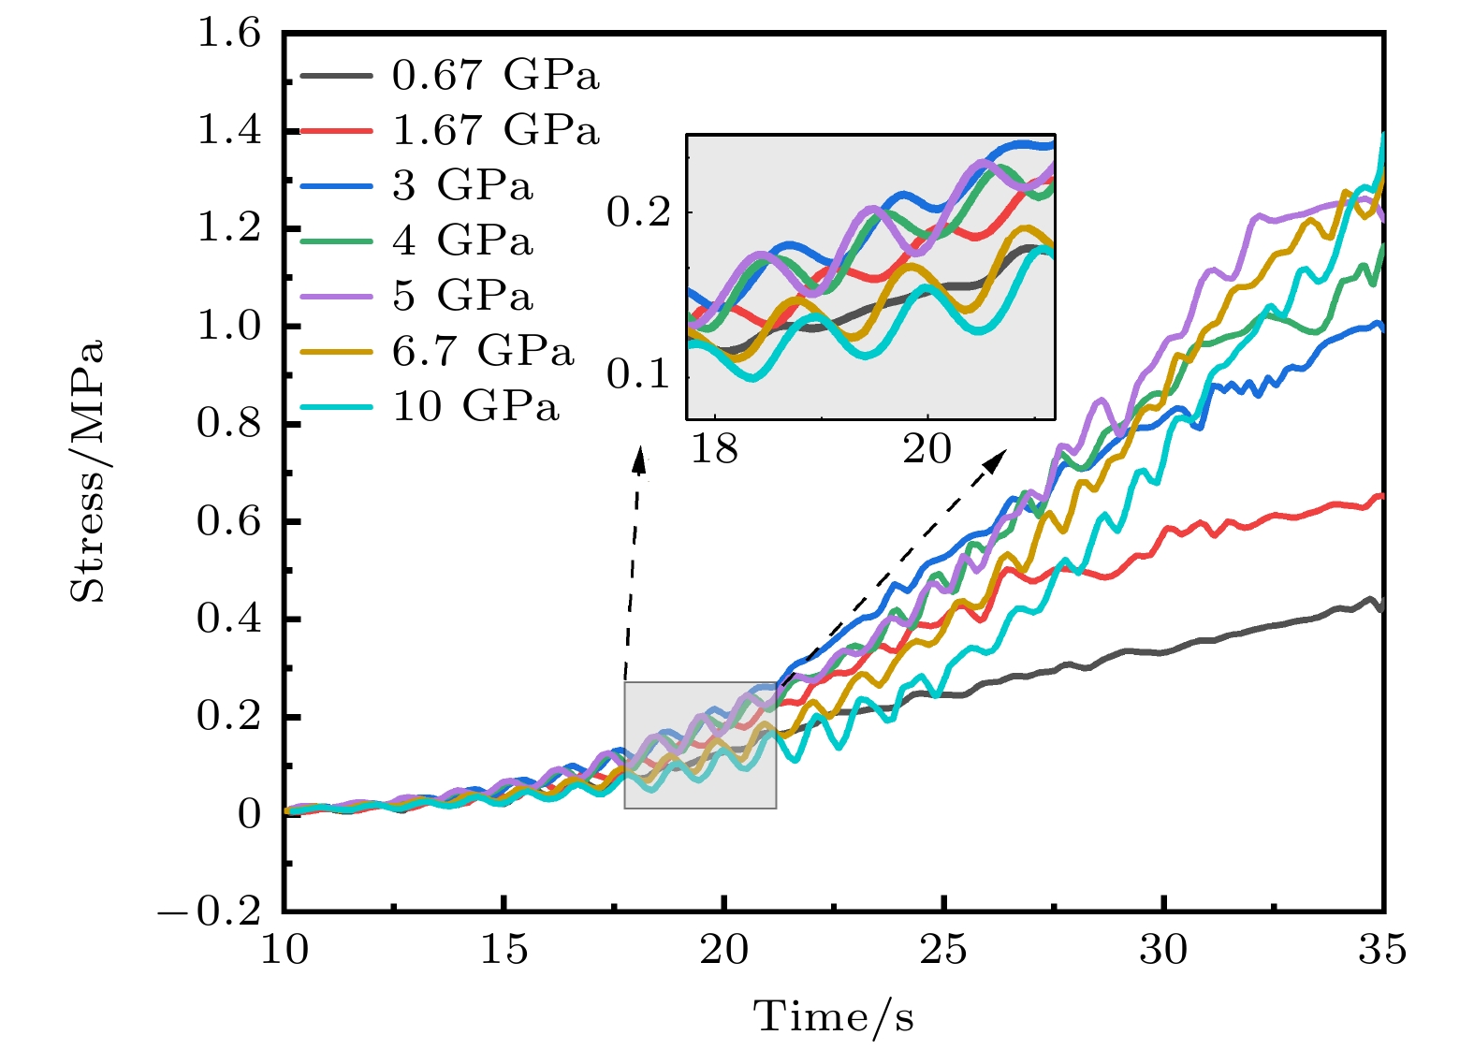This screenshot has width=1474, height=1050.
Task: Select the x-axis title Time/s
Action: pyautogui.click(x=833, y=1016)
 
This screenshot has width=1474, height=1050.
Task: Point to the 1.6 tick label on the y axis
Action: pyautogui.click(x=229, y=34)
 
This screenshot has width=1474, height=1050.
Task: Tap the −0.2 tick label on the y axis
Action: pyautogui.click(x=211, y=911)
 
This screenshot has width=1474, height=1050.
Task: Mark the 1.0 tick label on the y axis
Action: pyautogui.click(x=229, y=327)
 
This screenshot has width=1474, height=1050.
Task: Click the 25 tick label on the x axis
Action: pyautogui.click(x=943, y=950)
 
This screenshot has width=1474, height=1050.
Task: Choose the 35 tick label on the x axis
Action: pyautogui.click(x=1382, y=950)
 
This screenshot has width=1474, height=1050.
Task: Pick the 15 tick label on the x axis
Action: pyautogui.click(x=503, y=950)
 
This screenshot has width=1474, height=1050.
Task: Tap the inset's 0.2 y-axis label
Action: pyautogui.click(x=639, y=212)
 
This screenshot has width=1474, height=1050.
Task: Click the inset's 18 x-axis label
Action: pyautogui.click(x=714, y=449)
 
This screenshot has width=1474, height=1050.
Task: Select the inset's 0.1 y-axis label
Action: pyautogui.click(x=639, y=374)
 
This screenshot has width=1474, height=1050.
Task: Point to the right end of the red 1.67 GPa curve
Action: pyautogui.click(x=1381, y=496)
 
